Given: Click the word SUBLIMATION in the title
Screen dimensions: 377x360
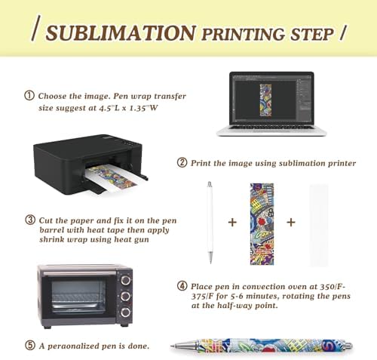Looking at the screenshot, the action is coord(121,33).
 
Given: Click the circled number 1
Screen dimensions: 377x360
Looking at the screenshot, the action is coord(29,96).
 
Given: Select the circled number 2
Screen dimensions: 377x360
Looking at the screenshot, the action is coord(182,162).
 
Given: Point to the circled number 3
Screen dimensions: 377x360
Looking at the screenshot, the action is coord(30,220).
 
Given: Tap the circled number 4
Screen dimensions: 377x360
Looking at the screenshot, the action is coord(182,286).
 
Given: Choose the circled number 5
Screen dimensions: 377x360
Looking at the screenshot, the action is coord(30,345).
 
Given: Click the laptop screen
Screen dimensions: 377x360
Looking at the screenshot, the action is coord(271,99).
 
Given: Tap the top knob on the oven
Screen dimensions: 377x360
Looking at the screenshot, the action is coord(125,280).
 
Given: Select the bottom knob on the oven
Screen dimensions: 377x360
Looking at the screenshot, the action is coord(125,312).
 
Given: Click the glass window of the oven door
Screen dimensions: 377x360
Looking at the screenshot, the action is coord(78,297).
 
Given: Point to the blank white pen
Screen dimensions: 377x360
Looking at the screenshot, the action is coord(210,223).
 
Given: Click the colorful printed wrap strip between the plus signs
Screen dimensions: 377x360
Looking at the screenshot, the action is coord(262,224).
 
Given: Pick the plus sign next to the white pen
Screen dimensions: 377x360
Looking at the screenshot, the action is coord(232,222).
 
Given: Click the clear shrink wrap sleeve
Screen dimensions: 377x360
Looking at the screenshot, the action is coord(319,225).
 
